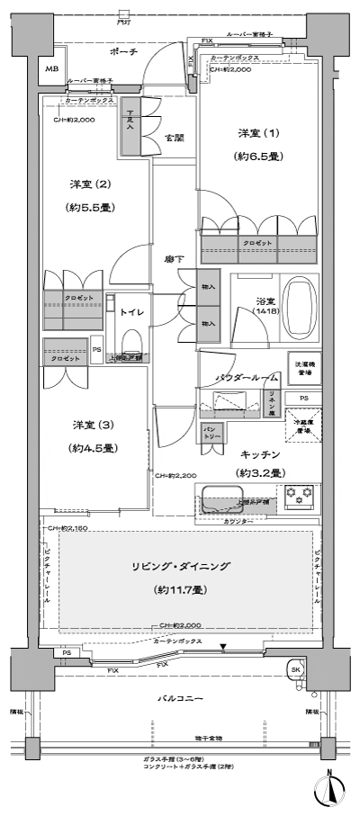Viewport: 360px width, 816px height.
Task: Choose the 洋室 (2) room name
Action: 93,184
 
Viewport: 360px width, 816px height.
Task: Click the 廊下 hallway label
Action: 175,259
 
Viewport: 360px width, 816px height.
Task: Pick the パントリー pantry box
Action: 212,430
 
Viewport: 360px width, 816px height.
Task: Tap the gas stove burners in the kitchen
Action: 296,494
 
